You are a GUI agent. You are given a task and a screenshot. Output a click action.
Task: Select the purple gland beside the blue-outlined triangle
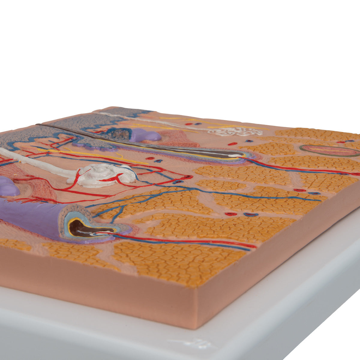click(x=144, y=136)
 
